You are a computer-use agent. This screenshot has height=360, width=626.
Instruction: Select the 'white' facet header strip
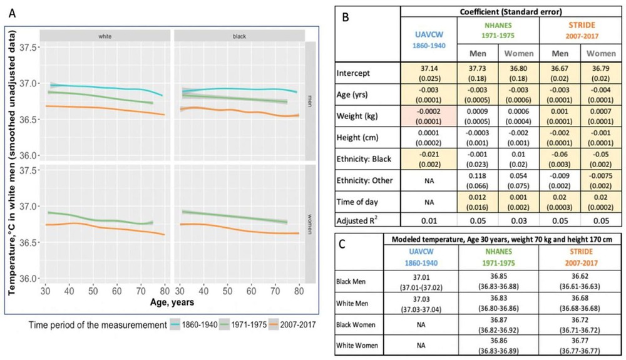pyautogui.click(x=105, y=36)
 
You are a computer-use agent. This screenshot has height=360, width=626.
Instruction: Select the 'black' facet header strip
pyautogui.click(x=239, y=36)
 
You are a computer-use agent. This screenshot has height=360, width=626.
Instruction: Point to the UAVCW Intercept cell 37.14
pyautogui.click(x=428, y=76)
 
